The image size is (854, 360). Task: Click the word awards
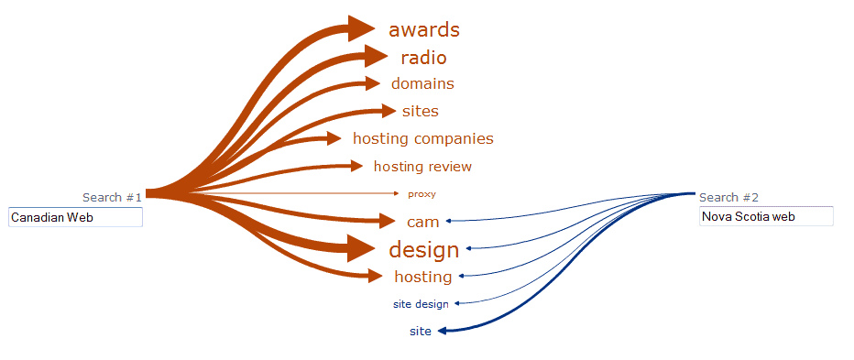coord(423,30)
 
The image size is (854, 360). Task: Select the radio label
coord(423,58)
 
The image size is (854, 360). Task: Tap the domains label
coord(422,83)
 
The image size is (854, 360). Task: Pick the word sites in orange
coord(420,112)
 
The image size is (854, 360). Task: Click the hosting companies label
coord(422,139)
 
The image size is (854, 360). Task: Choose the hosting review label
coord(422,167)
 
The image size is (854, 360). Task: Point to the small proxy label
coord(422,194)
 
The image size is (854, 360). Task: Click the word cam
coord(422,222)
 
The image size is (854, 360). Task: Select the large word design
coord(423,249)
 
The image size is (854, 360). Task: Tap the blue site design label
coord(421,304)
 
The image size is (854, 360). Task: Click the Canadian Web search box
coord(75,217)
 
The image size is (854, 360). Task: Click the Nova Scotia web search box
coord(766,217)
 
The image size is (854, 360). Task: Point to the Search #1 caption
coord(112,197)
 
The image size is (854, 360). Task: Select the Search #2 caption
coord(728,197)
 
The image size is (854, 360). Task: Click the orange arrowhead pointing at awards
coord(362,28)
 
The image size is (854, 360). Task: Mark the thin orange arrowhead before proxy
coord(397,193)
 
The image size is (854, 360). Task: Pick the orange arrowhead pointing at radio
coord(376,56)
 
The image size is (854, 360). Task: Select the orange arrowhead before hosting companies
coord(331,138)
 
